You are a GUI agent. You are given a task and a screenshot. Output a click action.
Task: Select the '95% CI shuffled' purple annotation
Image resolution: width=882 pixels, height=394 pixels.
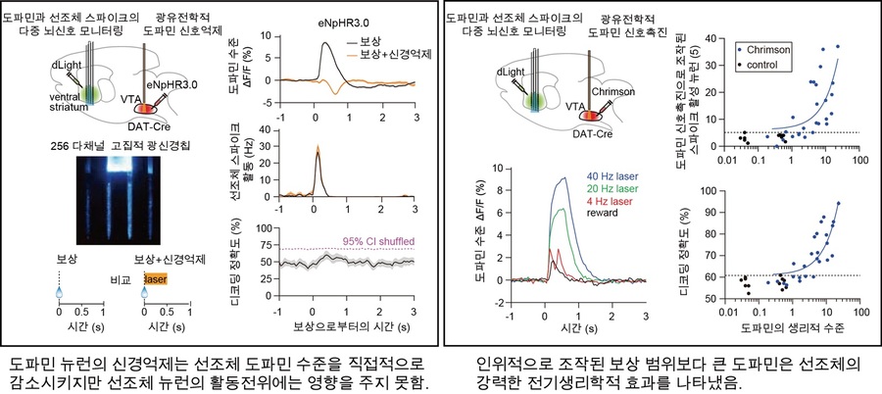374,240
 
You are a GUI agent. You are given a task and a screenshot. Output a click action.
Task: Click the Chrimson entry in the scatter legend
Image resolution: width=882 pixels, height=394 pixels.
770,48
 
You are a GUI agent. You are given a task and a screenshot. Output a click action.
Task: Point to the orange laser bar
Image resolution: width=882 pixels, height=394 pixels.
156,279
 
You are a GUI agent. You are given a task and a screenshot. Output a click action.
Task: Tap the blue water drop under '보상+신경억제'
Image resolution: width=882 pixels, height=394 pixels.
143,292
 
